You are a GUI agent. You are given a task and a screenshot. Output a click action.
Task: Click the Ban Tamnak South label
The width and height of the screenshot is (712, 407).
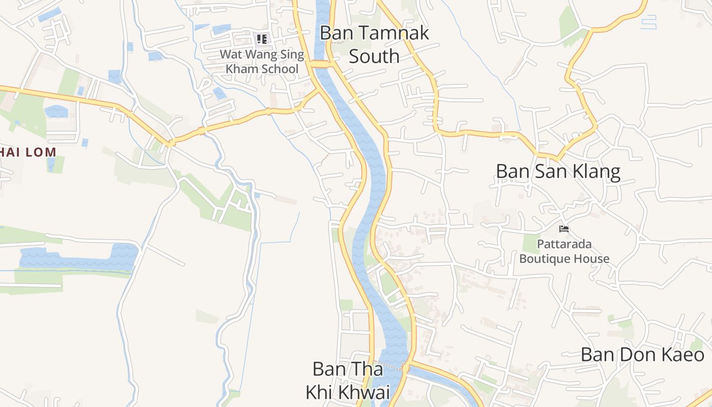374,44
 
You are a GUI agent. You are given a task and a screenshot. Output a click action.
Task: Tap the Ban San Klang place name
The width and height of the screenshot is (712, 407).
558,171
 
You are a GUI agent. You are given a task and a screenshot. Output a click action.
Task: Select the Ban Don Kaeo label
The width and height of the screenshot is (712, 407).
642,355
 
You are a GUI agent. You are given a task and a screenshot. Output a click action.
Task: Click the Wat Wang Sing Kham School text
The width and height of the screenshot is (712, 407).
262,61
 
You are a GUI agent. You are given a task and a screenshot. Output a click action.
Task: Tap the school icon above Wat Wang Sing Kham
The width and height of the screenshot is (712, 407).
262,39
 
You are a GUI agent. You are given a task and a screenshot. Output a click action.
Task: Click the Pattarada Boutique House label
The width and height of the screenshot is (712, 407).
564,251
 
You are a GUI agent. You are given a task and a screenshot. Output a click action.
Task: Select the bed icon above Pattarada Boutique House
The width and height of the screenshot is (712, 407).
563,229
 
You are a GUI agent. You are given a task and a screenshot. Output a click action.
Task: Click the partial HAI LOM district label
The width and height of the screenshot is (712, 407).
28,152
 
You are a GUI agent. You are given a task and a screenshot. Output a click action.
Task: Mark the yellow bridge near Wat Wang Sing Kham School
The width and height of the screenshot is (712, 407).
321,64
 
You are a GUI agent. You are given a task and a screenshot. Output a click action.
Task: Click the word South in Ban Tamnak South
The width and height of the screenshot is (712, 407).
374,56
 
